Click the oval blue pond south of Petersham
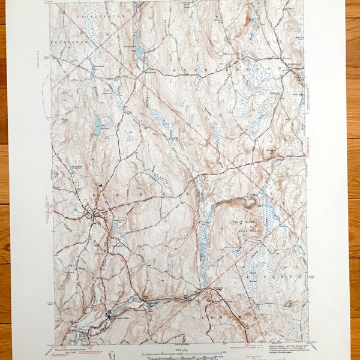pos(98,124)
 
